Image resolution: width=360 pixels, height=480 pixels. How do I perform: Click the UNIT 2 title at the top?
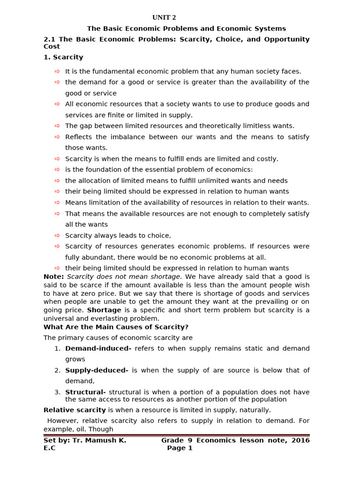[x=164, y=18]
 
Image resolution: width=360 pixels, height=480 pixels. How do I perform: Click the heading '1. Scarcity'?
[x=63, y=57]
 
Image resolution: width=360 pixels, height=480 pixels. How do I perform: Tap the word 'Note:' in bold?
[x=53, y=277]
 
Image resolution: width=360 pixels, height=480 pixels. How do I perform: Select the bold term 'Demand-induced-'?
[x=98, y=348]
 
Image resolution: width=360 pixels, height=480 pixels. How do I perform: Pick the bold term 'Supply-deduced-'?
[x=97, y=370]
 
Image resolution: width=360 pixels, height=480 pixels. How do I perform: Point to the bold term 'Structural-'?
[x=85, y=392]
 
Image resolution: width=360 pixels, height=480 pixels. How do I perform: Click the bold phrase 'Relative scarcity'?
[x=75, y=410]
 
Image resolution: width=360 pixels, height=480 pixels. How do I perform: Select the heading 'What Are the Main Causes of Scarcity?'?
[x=116, y=327]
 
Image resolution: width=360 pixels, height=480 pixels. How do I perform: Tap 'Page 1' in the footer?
[x=180, y=448]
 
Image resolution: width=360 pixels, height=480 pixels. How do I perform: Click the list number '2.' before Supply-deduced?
[x=57, y=370]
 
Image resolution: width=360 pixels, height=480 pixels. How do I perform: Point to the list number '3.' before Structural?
[x=57, y=392]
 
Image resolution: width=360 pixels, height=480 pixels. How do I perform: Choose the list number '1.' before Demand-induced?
[x=57, y=348]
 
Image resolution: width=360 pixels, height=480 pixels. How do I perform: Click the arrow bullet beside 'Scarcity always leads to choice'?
[x=57, y=235]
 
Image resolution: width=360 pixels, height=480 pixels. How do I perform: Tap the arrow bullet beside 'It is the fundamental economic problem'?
[x=57, y=71]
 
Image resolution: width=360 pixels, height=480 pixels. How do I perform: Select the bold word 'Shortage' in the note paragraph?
[x=104, y=310]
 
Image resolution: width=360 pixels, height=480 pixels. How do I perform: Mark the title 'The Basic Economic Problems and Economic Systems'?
[x=186, y=29]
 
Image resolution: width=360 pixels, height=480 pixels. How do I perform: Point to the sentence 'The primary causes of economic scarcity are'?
[x=118, y=337]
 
